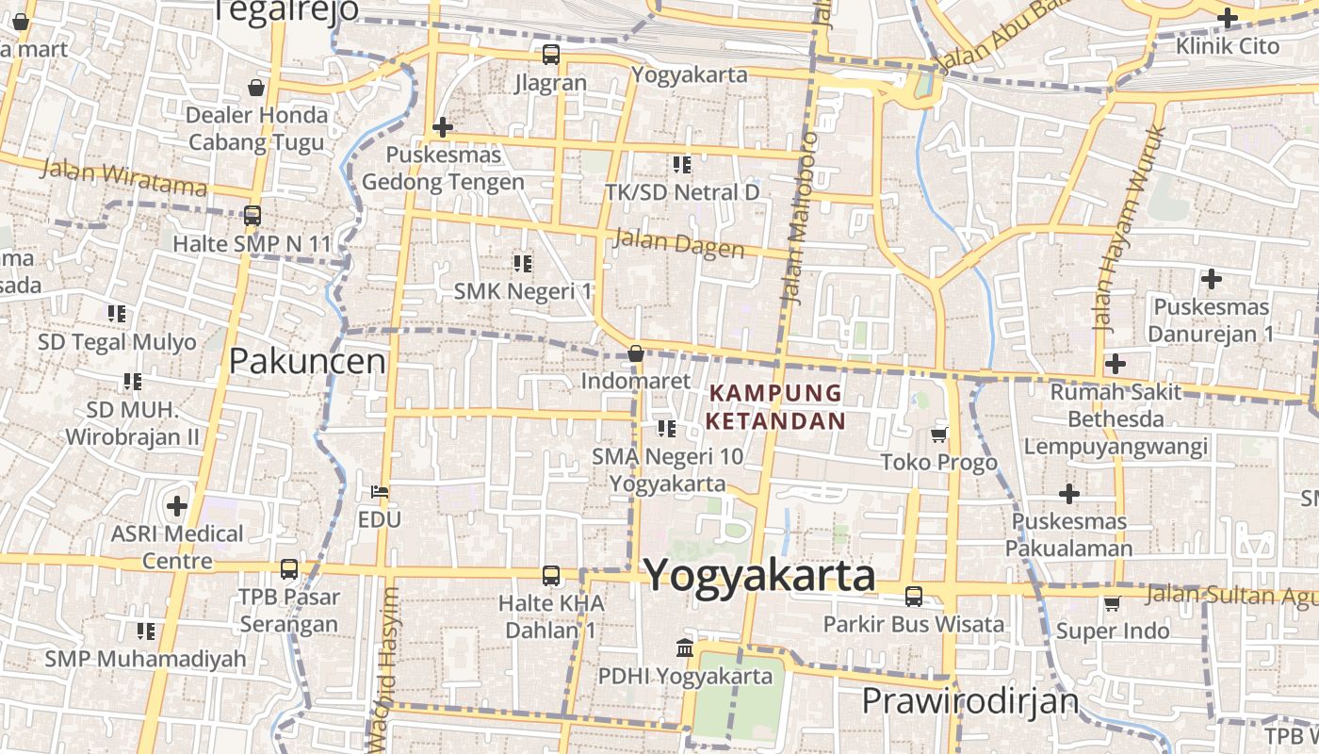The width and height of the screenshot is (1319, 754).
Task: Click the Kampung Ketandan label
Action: pos(777,406)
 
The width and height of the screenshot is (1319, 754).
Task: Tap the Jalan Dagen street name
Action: pos(678,243)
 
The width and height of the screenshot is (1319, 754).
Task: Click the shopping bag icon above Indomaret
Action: pos(636,354)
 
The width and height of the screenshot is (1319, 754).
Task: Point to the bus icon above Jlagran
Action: pos(551,55)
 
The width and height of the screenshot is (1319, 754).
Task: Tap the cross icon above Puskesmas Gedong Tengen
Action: pos(442,127)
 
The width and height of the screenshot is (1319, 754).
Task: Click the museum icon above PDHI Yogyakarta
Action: pos(685,648)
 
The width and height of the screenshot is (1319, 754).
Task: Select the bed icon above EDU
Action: pos(380,492)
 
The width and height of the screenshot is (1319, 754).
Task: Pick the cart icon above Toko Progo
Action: pos(938,434)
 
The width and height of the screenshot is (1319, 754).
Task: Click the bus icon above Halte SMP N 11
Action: pos(252,216)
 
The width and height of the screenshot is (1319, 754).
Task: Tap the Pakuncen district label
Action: pos(307,361)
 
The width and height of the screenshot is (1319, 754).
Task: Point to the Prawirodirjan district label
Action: pos(969,701)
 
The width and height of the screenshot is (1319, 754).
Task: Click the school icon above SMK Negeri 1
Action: pos(522,264)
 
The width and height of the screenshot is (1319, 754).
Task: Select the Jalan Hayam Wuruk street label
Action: pos(1127,228)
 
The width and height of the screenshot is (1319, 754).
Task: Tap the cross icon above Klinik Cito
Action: pos(1227,17)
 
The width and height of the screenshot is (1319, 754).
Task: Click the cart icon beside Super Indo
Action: pos(1112,603)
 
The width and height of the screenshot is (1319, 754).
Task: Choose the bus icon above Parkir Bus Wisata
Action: pos(914,597)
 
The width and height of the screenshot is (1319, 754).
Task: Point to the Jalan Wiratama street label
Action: pos(123,176)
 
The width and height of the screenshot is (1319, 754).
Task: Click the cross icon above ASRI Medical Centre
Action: pos(177,506)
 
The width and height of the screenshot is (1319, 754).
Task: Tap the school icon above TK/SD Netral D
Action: pos(682,165)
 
